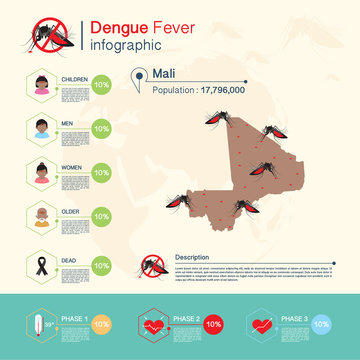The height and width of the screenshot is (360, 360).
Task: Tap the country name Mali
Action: pos(165,73)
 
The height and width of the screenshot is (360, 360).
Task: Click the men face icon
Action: pos(41,128)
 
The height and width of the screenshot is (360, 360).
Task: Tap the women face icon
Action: pos(41,171)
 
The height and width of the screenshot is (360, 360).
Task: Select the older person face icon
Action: pos(41,215)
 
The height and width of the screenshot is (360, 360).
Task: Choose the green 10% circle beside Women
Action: pos(101,172)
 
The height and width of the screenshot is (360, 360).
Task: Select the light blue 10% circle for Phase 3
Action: pos(321,325)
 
